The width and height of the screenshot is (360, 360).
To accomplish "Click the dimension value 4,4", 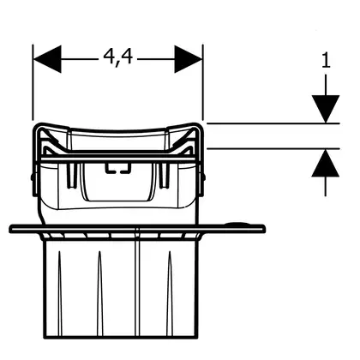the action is pyautogui.click(x=118, y=57).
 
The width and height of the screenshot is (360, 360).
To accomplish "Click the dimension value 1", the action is pyautogui.click(x=326, y=61).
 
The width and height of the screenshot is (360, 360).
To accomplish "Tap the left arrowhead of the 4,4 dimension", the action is pyautogui.click(x=47, y=59).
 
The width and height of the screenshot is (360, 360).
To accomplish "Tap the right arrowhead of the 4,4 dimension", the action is pyautogui.click(x=189, y=59).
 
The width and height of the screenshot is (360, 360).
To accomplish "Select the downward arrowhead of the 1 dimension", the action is pyautogui.click(x=326, y=109).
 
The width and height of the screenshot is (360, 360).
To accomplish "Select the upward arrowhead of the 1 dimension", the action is pyautogui.click(x=326, y=163).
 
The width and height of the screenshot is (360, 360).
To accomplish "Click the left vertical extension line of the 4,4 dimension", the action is pyautogui.click(x=33, y=82).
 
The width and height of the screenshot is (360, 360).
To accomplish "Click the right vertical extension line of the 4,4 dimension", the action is pyautogui.click(x=203, y=82).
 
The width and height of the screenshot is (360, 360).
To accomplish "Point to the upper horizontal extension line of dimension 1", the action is pyautogui.click(x=273, y=123).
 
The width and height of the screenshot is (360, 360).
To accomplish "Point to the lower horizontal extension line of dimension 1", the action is pyautogui.click(x=273, y=148).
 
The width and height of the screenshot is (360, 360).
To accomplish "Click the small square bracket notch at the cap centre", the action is pyautogui.click(x=118, y=168).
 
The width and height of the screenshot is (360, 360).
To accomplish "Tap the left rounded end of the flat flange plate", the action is pyautogui.click(x=12, y=228).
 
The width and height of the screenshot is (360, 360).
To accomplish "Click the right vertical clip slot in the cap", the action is pyautogui.click(x=165, y=176).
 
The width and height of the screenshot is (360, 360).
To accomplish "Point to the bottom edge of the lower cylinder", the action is pyautogui.click(x=120, y=337).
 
